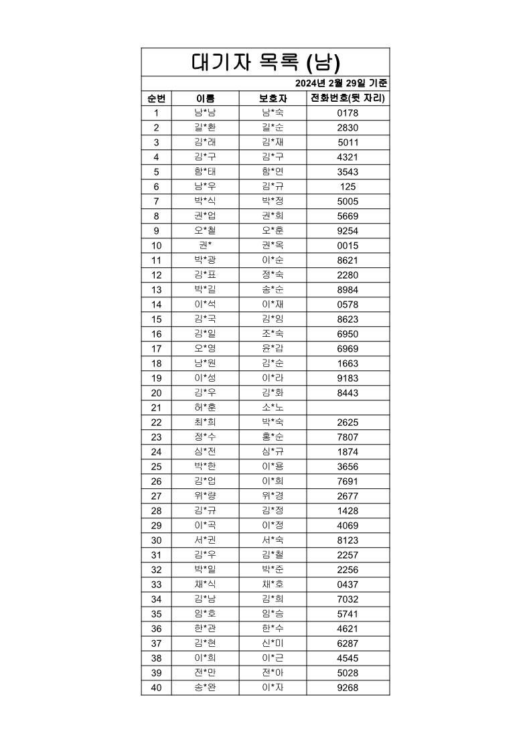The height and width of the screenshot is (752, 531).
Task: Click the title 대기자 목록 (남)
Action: [x=266, y=62]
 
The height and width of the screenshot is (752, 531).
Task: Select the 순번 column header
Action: [x=156, y=98]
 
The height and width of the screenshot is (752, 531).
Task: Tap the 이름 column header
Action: [x=205, y=98]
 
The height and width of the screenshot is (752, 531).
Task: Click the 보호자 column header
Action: [x=273, y=98]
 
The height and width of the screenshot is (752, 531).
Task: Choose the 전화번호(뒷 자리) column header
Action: [x=348, y=98]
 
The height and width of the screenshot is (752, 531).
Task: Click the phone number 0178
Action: [x=348, y=113]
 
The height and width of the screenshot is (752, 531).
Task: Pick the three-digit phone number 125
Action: [x=348, y=187]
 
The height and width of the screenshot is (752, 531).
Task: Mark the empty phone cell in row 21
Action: [x=348, y=408]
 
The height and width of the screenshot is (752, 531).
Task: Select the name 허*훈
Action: [x=205, y=408]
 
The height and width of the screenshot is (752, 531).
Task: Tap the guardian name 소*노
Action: [x=273, y=408]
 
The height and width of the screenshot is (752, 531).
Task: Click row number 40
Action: [x=156, y=688]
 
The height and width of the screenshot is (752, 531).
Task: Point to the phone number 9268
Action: [x=348, y=688]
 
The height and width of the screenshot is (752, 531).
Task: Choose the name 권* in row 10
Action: [x=205, y=246]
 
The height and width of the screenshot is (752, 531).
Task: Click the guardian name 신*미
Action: [x=273, y=644]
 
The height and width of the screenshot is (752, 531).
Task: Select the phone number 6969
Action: [x=348, y=349]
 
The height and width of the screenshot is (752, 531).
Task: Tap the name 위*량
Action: [x=205, y=496]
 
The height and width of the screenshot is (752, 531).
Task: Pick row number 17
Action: [x=156, y=349]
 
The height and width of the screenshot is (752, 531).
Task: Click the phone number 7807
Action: [x=348, y=437]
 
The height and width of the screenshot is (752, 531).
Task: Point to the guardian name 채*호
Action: [x=273, y=585]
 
